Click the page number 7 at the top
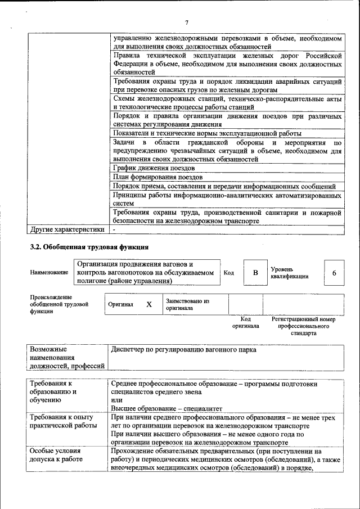(x=186, y=22)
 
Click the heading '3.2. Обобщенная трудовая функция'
(x=89, y=246)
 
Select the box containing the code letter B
(x=255, y=273)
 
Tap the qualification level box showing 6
(x=334, y=273)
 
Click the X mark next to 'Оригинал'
(x=149, y=304)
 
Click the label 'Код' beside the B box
(x=228, y=273)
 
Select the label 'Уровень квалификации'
(x=289, y=273)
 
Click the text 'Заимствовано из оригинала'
(x=188, y=304)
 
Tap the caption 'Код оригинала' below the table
(x=245, y=322)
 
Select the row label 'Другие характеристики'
(x=67, y=229)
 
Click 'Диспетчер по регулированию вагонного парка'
(x=184, y=350)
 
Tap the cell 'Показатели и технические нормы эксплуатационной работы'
(x=206, y=133)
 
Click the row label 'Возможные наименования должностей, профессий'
(x=67, y=358)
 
